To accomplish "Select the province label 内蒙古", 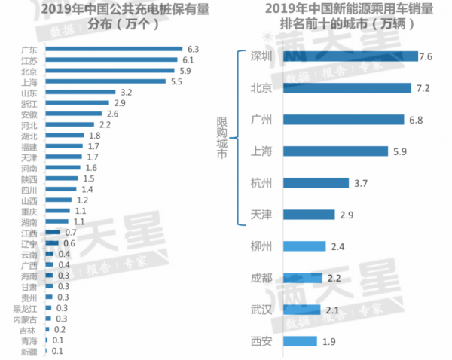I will pos(27,319).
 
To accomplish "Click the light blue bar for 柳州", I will pos(305,246).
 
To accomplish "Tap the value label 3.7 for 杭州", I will pos(361,183).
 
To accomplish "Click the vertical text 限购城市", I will pos(221,136).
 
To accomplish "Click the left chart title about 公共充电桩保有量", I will pos(113,15).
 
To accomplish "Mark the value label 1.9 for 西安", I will pos(330,341).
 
